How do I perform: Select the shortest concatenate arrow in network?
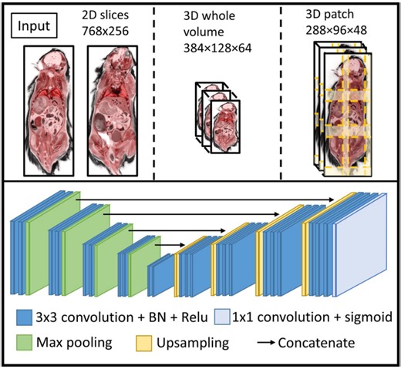click(163, 246)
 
